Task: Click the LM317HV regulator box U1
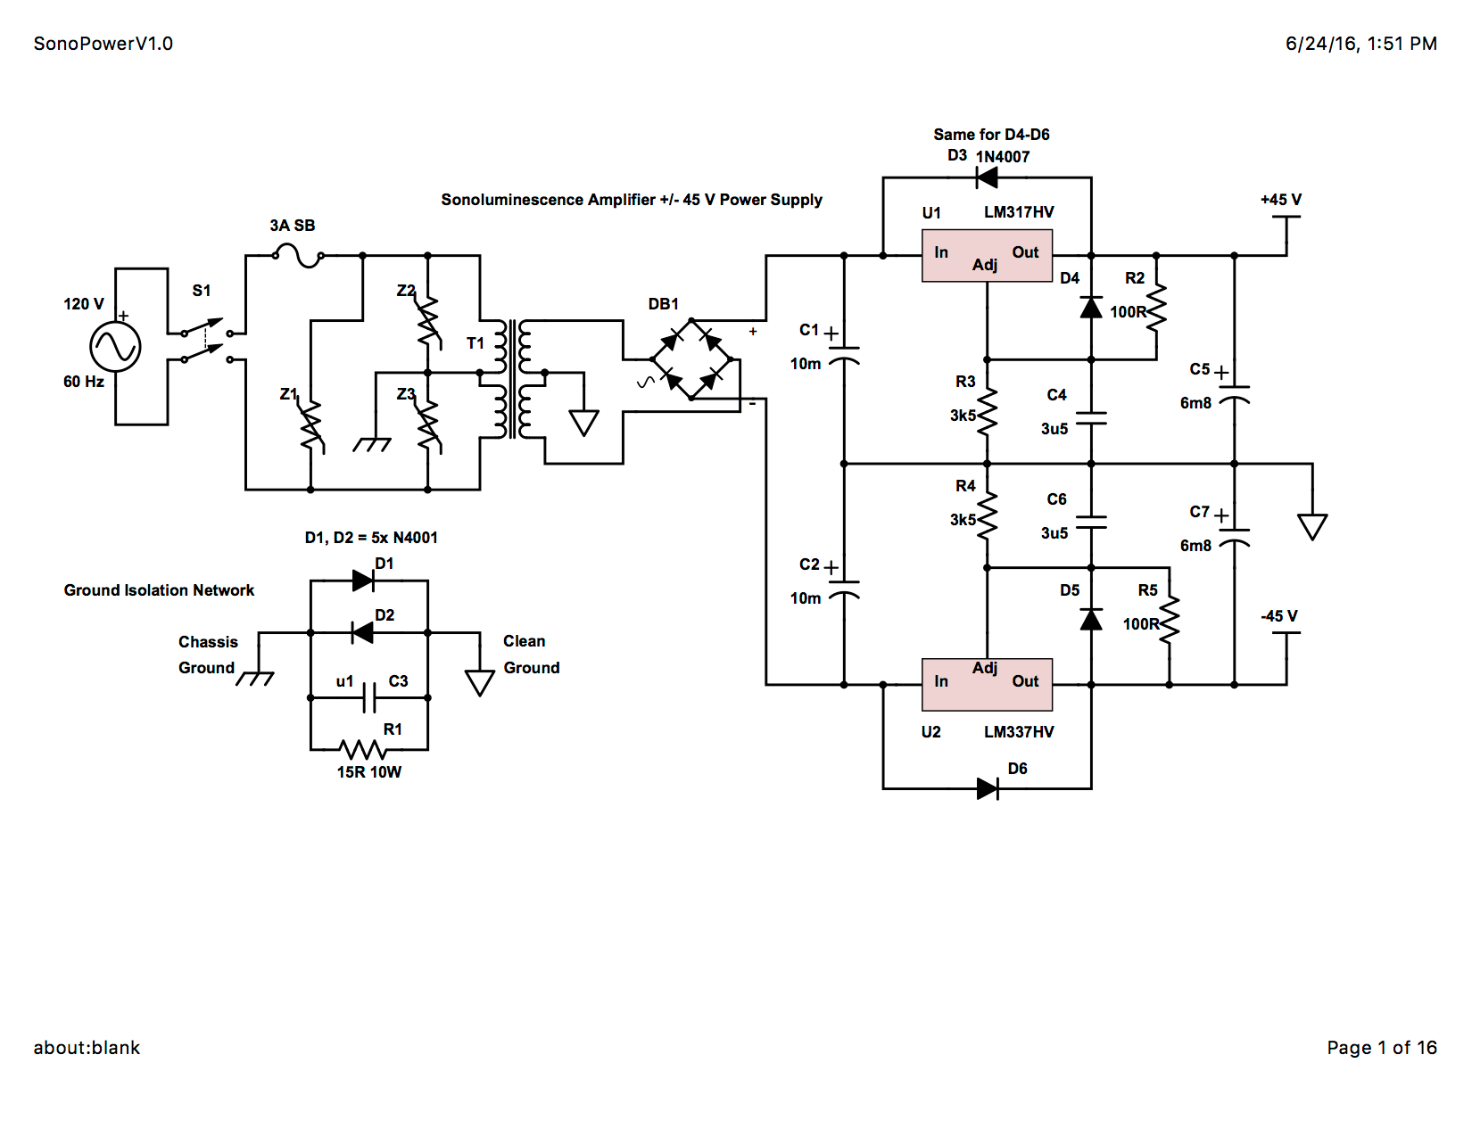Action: [x=987, y=256]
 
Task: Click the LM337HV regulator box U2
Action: [x=987, y=685]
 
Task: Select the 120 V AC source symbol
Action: [x=115, y=347]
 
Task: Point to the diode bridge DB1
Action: [x=691, y=359]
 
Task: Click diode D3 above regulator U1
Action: [x=987, y=177]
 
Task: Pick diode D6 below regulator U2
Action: [x=987, y=788]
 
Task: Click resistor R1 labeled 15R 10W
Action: [x=362, y=749]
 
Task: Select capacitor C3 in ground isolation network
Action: [x=369, y=697]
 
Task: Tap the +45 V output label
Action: [x=1280, y=200]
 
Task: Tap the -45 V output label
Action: [x=1279, y=616]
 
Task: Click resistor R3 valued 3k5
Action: [x=987, y=412]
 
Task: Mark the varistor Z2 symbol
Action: [x=428, y=321]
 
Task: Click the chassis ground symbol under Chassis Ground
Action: [x=255, y=679]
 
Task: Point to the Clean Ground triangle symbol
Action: [x=480, y=683]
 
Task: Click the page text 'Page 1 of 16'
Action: [x=1381, y=1048]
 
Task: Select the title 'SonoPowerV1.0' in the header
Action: [x=103, y=44]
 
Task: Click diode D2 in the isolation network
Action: [x=362, y=633]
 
